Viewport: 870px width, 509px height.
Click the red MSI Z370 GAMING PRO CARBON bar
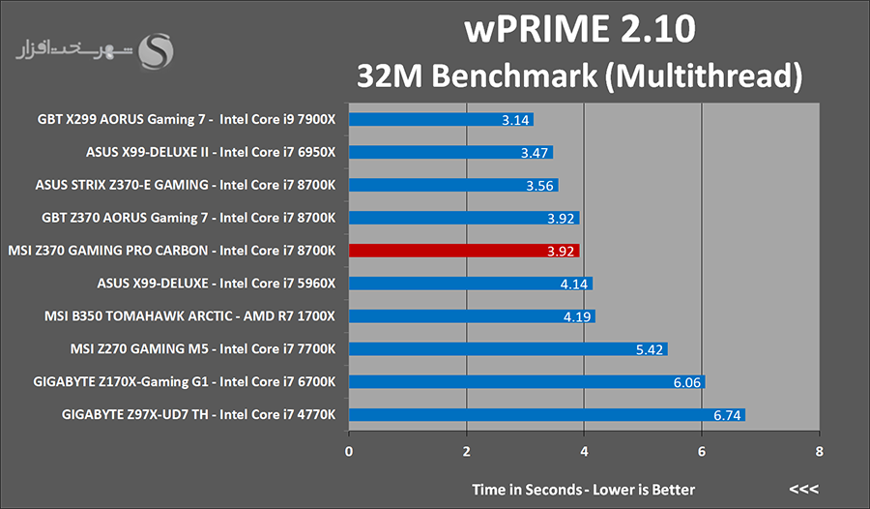click(464, 251)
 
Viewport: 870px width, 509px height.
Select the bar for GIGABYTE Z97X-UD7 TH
click(546, 415)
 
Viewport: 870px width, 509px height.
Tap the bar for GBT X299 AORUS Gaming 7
click(441, 120)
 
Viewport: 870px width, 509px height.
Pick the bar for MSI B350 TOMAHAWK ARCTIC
click(472, 316)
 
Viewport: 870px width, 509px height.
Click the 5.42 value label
click(650, 349)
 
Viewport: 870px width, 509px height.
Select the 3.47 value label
click(535, 153)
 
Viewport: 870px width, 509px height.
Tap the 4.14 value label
click(574, 284)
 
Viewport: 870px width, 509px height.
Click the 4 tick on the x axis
click(584, 452)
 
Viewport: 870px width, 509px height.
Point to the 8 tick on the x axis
click(819, 452)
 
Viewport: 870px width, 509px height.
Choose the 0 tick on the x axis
click(349, 452)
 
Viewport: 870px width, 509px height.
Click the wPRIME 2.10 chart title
click(579, 30)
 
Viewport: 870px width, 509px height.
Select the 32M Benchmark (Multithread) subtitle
click(580, 75)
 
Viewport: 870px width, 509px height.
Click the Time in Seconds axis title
click(583, 489)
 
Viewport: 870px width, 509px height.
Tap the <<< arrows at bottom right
click(804, 489)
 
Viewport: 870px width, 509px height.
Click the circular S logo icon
click(157, 52)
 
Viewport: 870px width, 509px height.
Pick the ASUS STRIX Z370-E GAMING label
click(185, 185)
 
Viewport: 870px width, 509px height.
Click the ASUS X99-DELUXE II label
click(210, 152)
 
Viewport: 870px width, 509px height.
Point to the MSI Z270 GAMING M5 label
click(190, 349)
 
